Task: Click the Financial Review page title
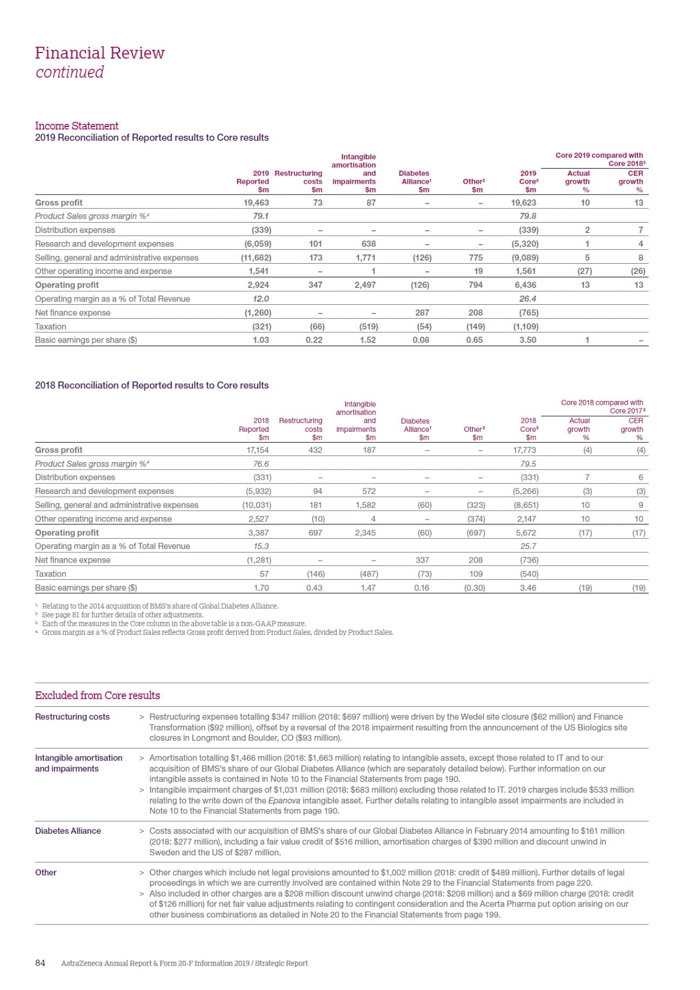tap(100, 53)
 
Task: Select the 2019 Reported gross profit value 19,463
tap(256, 203)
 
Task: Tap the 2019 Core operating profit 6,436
tap(525, 285)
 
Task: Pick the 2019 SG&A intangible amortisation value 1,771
tap(365, 258)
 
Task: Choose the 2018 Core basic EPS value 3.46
tap(528, 587)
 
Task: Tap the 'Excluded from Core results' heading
tap(97, 695)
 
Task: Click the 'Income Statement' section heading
tap(77, 126)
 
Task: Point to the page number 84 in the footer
tap(40, 963)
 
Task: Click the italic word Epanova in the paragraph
tap(284, 800)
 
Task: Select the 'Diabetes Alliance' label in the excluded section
tap(68, 831)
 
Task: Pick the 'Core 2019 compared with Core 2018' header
tap(600, 159)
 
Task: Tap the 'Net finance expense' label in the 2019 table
tap(72, 312)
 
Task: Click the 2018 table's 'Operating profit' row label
tap(67, 532)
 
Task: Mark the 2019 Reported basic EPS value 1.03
tap(261, 340)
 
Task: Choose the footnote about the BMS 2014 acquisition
tap(160, 606)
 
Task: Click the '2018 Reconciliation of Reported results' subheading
tap(152, 385)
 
